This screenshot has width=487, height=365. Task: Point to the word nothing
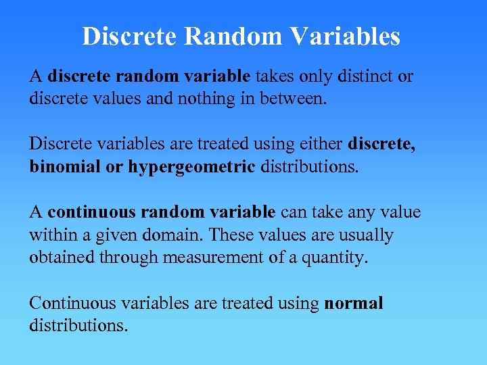pos(202,99)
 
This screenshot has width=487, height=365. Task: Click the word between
pos(297,99)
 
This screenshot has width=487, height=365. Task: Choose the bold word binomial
pos(65,166)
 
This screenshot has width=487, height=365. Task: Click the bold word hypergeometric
pos(191,166)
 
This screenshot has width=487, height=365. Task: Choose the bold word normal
pos(353,303)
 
